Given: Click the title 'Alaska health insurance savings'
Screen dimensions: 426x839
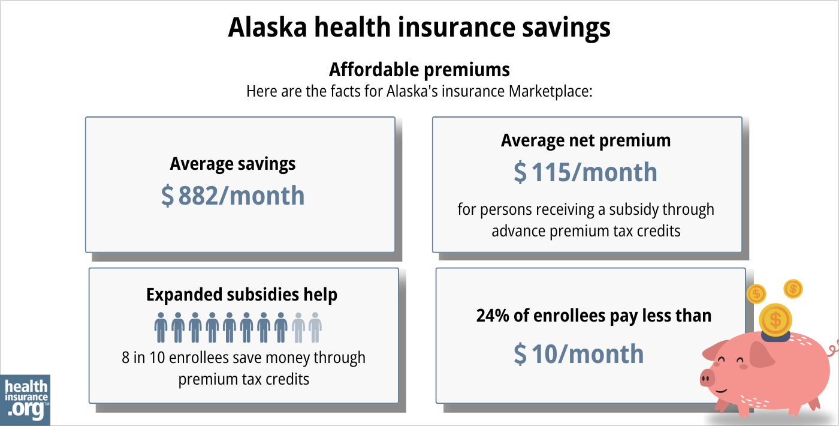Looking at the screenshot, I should [x=419, y=28].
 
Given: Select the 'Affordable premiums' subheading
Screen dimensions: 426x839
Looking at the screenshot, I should [x=419, y=70].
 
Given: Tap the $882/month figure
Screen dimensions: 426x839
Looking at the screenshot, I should [x=233, y=196].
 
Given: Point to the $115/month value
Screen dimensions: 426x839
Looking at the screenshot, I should [x=586, y=173].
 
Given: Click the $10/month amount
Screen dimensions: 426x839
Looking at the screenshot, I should [x=579, y=354].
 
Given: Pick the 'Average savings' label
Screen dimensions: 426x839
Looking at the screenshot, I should [x=233, y=164].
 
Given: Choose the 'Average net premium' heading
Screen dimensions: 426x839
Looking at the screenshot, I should [x=586, y=140].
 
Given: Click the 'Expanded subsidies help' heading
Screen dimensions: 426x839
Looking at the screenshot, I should [x=242, y=295].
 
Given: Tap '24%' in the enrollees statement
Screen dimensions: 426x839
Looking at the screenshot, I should [x=489, y=316].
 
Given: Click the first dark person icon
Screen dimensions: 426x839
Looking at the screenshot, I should [x=161, y=327].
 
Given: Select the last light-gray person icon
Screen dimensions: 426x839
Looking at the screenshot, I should [x=315, y=327].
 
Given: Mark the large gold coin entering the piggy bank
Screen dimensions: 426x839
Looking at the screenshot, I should [x=775, y=319].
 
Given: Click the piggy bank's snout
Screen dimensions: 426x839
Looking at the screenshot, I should [x=708, y=378].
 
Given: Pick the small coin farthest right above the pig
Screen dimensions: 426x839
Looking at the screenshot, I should [x=793, y=289].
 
